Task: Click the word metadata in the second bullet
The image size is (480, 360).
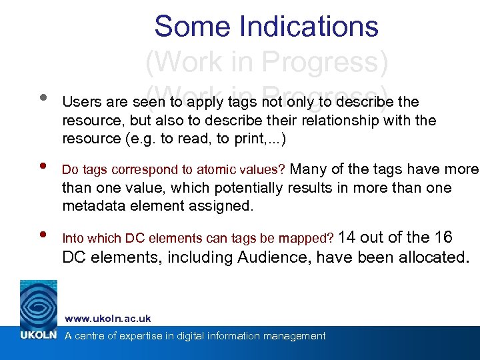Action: [x=93, y=206]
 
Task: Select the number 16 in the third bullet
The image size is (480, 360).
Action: [x=442, y=237]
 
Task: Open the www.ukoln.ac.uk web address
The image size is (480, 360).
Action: [x=107, y=319]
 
